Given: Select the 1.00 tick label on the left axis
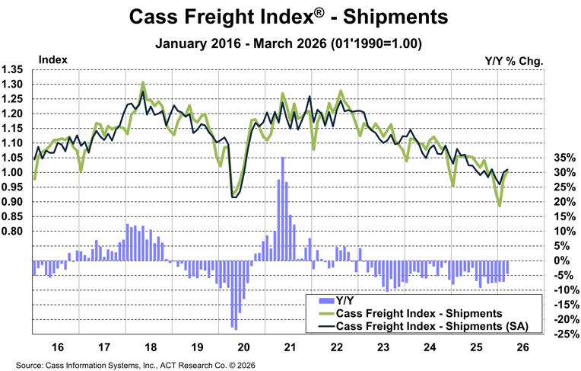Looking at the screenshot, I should pyautogui.click(x=14, y=172).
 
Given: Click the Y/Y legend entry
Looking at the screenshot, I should pyautogui.click(x=346, y=299).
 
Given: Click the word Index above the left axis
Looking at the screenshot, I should pyautogui.click(x=52, y=59).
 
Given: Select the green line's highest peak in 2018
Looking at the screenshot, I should pyautogui.click(x=143, y=82).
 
